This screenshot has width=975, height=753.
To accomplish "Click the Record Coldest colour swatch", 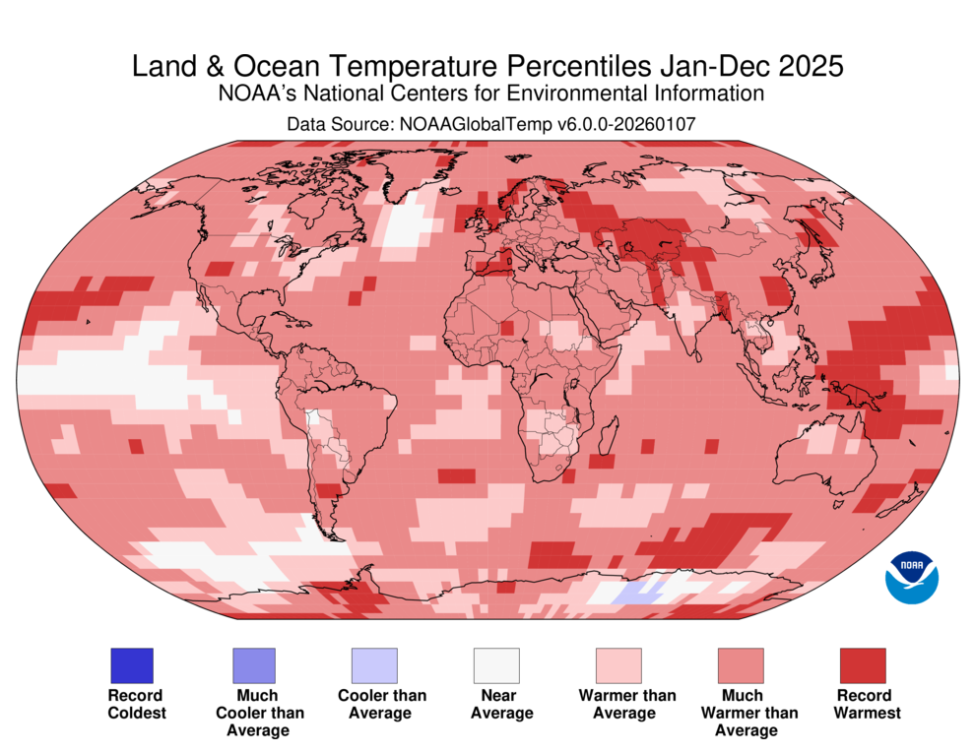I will pos(130,666).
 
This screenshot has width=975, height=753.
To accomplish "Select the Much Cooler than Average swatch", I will pos(253,666).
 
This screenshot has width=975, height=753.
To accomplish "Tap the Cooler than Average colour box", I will pos(374,666).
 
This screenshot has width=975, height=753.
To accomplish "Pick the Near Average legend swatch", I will pos(495,666).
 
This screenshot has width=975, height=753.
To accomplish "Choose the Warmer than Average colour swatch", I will pos(617,666).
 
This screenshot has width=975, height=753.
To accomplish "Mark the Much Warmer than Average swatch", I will pos(740,666).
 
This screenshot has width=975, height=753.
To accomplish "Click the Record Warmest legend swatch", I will pos(862,666).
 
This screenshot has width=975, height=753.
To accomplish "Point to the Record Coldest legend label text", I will pos(136,704).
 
